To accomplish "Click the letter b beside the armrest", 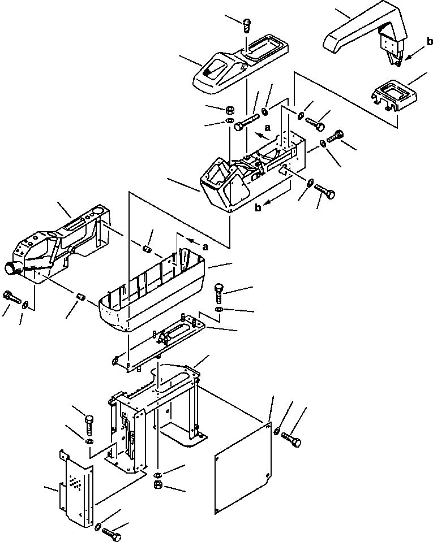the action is click(430, 42).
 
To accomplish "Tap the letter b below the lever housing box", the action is click(258, 208).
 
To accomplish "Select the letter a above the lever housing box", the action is click(268, 128).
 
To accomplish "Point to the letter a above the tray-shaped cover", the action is click(205, 247).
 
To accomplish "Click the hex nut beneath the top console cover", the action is click(229, 110).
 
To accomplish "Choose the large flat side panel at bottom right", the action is click(243, 468).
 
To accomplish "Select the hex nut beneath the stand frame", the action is click(157, 484).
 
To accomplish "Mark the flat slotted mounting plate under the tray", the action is click(159, 343).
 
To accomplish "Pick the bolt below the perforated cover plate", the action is click(112, 534).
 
